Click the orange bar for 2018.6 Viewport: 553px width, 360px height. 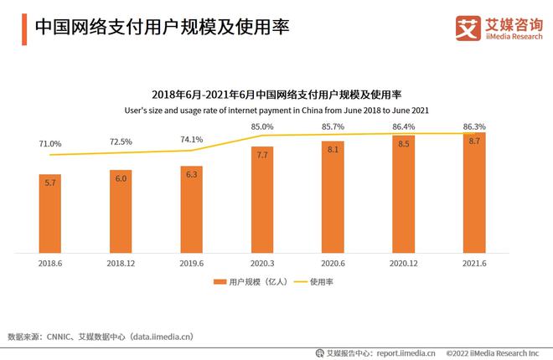point(49,213)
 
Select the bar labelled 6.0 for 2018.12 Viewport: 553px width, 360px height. point(121,211)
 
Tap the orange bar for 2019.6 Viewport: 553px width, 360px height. point(191,208)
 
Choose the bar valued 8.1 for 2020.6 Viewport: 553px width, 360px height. point(333,196)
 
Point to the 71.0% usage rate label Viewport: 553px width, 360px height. point(49,144)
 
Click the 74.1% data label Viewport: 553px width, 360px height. point(191,139)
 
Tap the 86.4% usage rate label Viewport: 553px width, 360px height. point(403,126)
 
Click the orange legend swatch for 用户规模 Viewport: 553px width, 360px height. point(220,282)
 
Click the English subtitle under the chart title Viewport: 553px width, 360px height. point(276,110)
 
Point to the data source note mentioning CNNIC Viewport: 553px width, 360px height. point(101,336)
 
